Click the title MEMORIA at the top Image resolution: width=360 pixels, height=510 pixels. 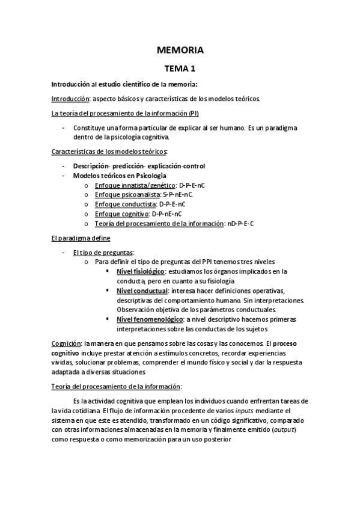180,50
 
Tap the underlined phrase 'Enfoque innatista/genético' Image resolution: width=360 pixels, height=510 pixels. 135,185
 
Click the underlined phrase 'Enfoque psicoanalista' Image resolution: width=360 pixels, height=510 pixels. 127,195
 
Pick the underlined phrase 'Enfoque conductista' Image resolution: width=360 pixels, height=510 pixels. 125,204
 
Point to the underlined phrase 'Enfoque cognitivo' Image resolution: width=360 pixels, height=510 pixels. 122,214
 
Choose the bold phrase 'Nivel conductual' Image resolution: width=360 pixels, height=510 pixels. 141,291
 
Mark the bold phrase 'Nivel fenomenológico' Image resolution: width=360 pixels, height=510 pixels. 150,319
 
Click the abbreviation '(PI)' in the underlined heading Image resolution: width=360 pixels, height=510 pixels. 193,114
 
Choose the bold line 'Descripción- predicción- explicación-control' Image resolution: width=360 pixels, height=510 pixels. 139,166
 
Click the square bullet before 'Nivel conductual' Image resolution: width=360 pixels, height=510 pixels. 107,291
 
